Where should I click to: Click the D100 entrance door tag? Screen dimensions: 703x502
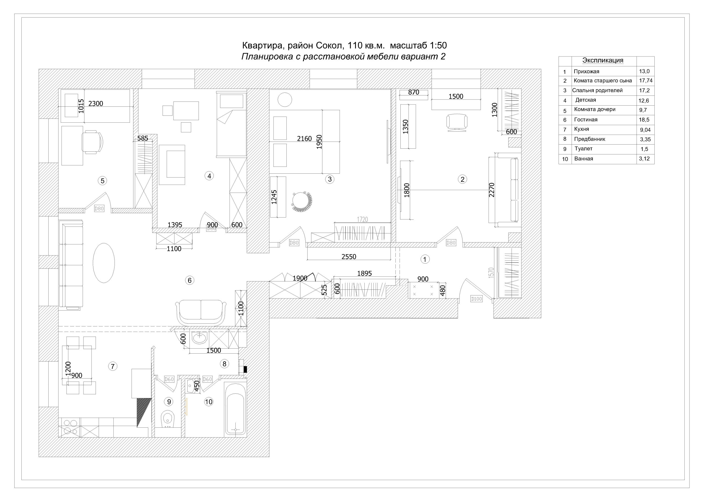tap(476, 299)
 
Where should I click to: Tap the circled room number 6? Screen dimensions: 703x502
tap(190, 280)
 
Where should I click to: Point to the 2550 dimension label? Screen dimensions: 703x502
tap(349, 257)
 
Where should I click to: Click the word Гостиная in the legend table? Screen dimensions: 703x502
tap(586, 120)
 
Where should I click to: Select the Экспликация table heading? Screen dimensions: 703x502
tap(603, 60)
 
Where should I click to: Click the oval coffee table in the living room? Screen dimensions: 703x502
tap(104, 263)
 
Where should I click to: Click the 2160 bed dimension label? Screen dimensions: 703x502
tap(305, 139)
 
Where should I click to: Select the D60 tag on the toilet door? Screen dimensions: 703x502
tap(169, 379)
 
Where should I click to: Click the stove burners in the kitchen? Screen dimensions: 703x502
tap(70, 427)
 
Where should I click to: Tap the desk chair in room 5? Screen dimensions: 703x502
tap(92, 142)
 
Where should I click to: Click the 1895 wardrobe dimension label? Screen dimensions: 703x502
tap(364, 273)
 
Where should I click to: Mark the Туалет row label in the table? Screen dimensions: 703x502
tap(584, 149)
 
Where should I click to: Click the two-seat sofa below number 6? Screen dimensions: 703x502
tap(201, 312)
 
